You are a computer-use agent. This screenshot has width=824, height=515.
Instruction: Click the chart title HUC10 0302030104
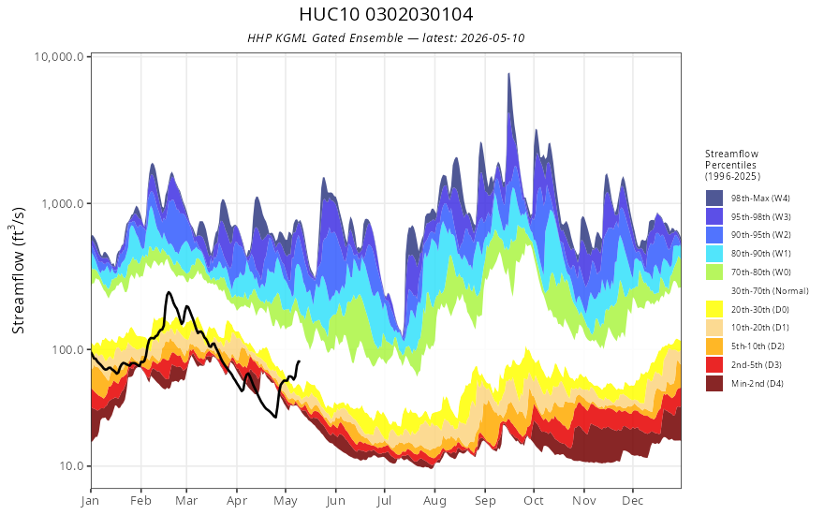click(386, 14)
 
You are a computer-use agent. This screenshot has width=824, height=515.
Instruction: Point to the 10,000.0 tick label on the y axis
click(59, 56)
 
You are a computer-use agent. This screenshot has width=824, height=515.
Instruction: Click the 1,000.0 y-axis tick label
click(63, 203)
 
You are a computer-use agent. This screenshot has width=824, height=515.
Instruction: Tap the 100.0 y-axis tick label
click(67, 349)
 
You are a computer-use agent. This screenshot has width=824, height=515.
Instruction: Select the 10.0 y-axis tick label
click(71, 466)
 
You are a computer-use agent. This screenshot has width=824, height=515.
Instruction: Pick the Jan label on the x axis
click(91, 501)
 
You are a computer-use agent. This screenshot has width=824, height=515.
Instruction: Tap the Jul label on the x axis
click(384, 501)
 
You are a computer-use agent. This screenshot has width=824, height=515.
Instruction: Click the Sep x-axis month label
click(485, 501)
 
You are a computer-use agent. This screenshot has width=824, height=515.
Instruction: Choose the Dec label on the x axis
click(633, 501)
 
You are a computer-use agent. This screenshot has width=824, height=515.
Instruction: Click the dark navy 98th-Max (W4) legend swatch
click(714, 199)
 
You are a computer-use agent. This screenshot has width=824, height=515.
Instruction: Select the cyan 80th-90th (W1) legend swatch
click(714, 254)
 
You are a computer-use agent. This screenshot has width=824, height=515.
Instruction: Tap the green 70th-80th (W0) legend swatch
click(714, 272)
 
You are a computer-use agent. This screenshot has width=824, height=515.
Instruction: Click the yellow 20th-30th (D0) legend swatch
click(714, 309)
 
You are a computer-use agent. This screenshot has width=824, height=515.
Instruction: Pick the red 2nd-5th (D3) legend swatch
click(714, 364)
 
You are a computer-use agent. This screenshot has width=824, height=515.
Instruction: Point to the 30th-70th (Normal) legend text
click(770, 291)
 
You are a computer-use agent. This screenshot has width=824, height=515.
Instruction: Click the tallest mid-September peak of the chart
click(508, 74)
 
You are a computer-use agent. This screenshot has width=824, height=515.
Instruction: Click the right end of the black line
click(299, 361)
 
